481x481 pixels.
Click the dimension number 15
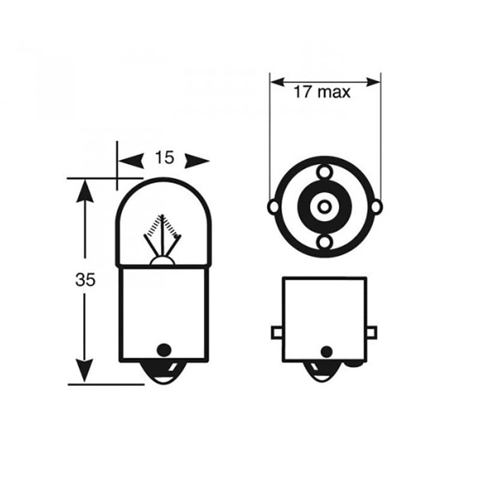164,158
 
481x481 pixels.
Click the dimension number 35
85,280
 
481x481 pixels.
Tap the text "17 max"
322,92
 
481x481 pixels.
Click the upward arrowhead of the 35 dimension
85,191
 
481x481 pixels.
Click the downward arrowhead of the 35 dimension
84,371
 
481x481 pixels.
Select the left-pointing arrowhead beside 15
131,161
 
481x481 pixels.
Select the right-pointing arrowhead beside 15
197,161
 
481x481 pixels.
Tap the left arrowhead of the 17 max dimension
278,82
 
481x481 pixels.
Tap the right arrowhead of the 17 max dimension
373,82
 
